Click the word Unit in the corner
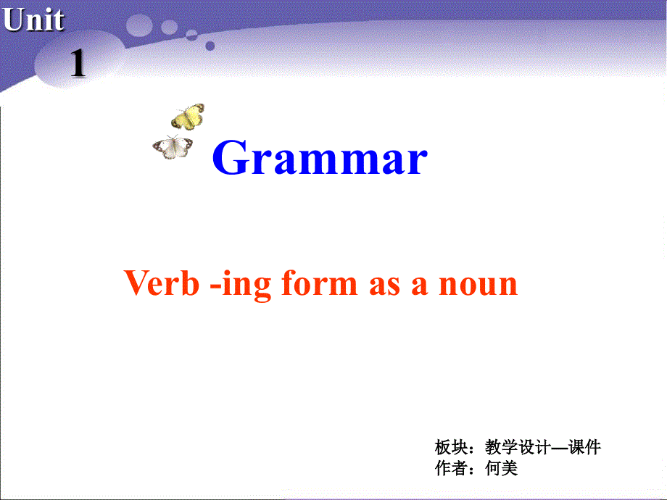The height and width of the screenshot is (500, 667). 33,20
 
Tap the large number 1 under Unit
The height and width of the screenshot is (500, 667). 78,65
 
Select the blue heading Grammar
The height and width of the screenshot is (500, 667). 320,159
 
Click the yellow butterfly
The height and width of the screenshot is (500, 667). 188,116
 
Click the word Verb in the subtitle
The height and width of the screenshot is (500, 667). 161,283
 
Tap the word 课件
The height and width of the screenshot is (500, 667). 585,447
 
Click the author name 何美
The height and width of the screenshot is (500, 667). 502,468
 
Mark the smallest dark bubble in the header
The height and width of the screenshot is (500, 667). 210,46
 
